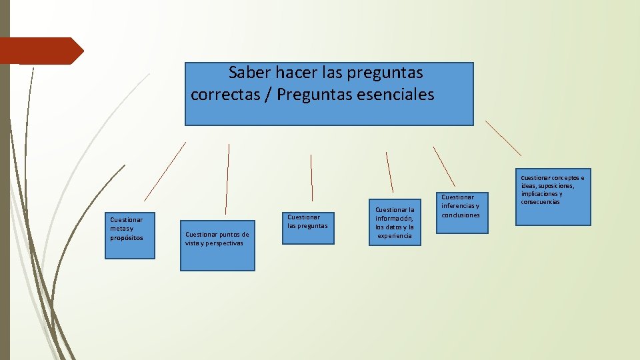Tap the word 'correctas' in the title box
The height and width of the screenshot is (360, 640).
pos(223,95)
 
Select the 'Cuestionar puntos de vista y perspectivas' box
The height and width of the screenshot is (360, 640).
pos(217,245)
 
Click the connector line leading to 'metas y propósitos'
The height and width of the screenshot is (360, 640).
pos(165,171)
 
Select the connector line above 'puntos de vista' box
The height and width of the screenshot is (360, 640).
pos(227,179)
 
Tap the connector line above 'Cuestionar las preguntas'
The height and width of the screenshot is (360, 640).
pos(311,178)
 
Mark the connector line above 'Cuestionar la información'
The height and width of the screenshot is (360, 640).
pos(390,172)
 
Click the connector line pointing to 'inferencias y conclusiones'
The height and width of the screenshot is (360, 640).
pos(444,166)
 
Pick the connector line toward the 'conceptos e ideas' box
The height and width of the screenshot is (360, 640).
pos(503,138)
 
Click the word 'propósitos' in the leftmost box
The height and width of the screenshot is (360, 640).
pos(127,237)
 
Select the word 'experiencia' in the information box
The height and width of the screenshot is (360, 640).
pos(395,235)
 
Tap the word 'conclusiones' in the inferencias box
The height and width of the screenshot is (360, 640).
pos(460,215)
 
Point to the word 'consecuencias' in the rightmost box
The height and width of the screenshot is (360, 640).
pos(541,201)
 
